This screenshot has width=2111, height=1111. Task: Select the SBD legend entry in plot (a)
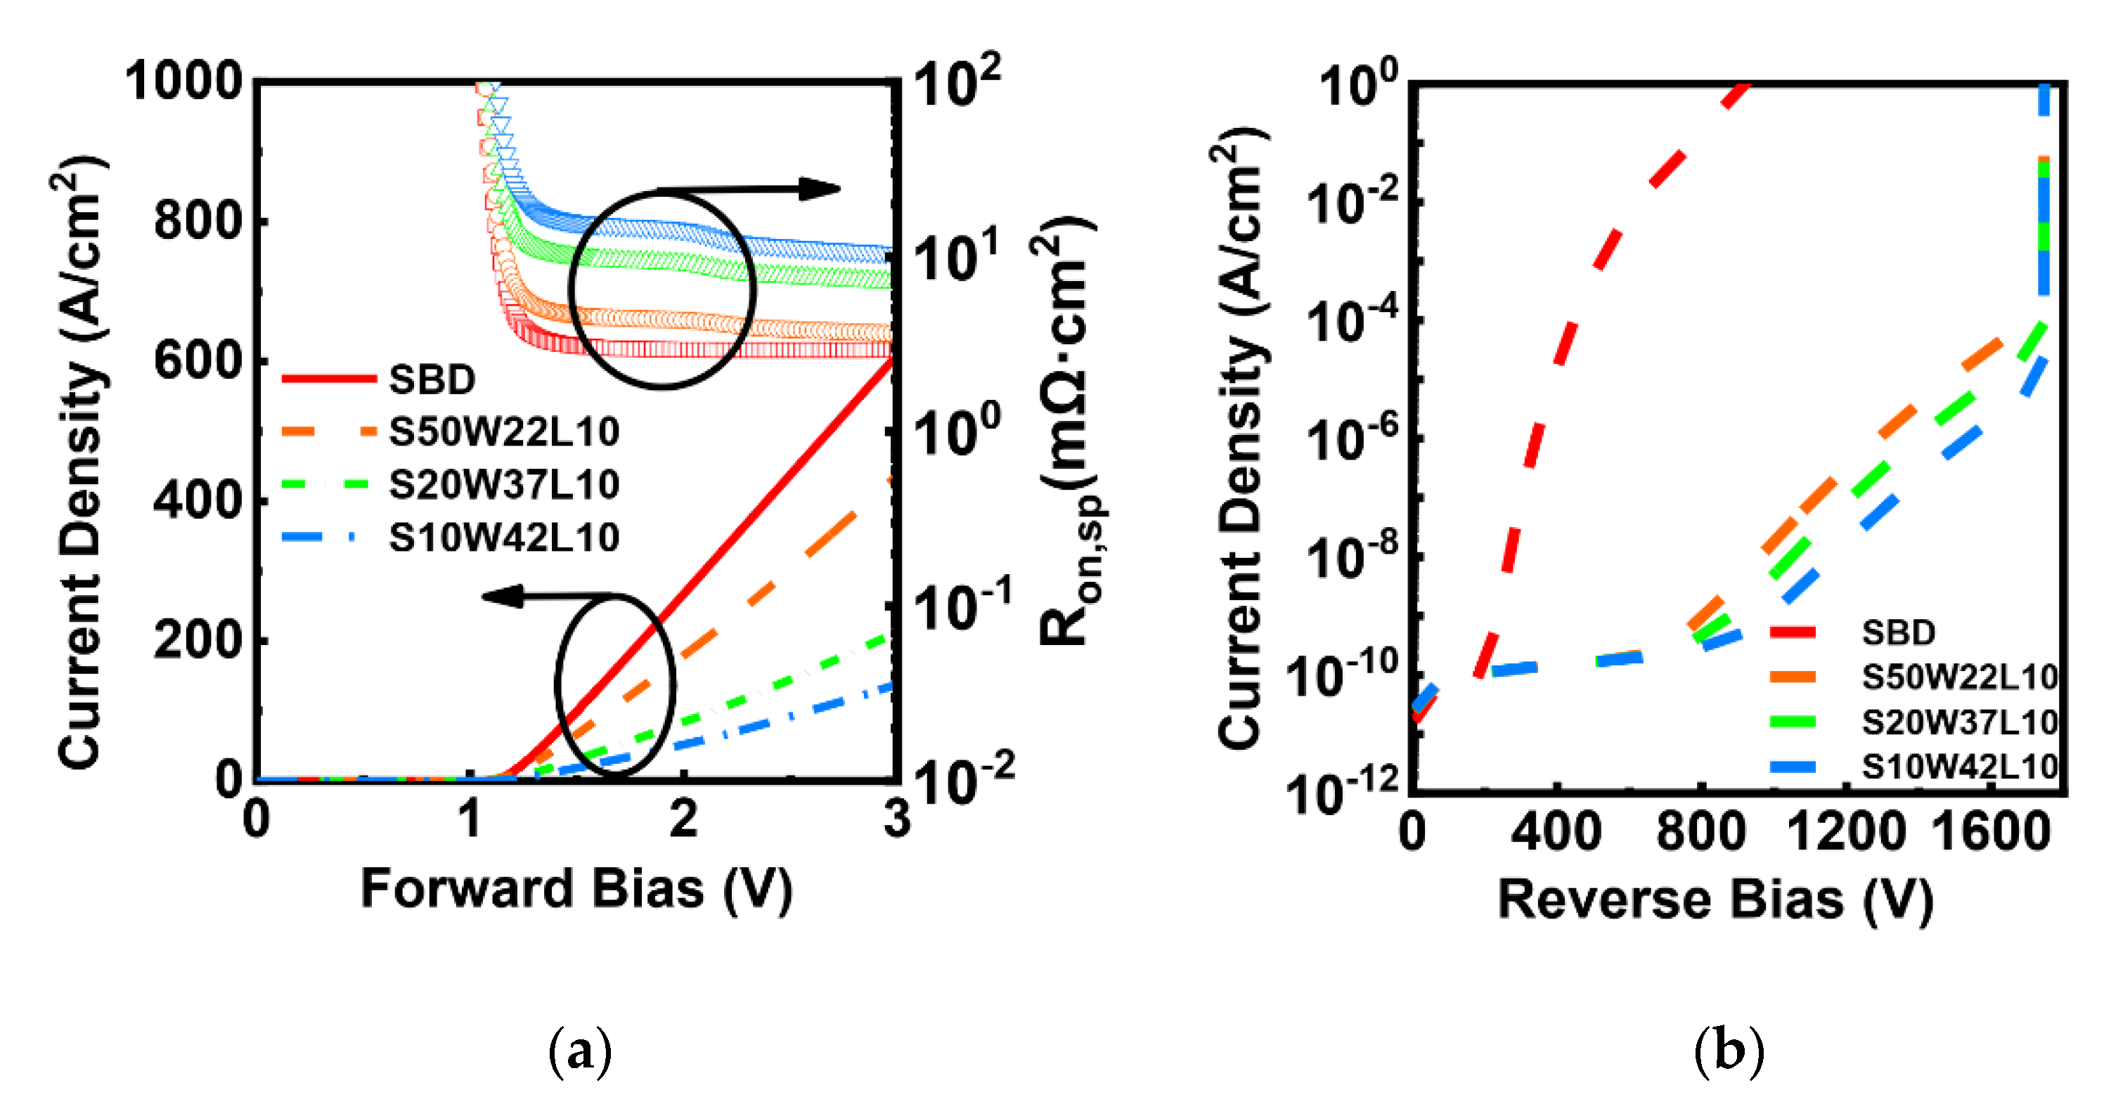[x=432, y=379]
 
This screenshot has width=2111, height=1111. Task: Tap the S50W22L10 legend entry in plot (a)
[x=503, y=431]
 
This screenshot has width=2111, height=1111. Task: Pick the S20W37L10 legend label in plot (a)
[x=503, y=484]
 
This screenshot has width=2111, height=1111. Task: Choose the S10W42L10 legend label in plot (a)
[x=503, y=538]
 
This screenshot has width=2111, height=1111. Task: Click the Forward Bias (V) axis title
[x=576, y=890]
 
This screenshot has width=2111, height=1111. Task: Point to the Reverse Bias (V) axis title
[x=1716, y=899]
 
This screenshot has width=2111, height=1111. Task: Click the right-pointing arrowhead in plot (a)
[x=820, y=189]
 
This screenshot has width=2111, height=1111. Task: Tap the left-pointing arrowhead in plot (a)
[x=501, y=596]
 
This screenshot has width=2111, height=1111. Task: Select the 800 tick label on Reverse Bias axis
[x=1701, y=833]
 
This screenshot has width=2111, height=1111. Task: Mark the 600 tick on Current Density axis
[x=198, y=360]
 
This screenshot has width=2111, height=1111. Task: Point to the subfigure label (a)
[x=579, y=1051]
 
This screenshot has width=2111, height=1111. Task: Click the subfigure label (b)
[x=1729, y=1051]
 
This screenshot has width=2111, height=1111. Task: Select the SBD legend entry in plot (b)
[x=1898, y=632]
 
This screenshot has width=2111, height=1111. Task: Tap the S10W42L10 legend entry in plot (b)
[x=1958, y=767]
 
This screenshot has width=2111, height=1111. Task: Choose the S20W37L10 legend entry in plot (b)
[x=1958, y=722]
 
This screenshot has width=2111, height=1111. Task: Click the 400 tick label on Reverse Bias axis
[x=1556, y=833]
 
